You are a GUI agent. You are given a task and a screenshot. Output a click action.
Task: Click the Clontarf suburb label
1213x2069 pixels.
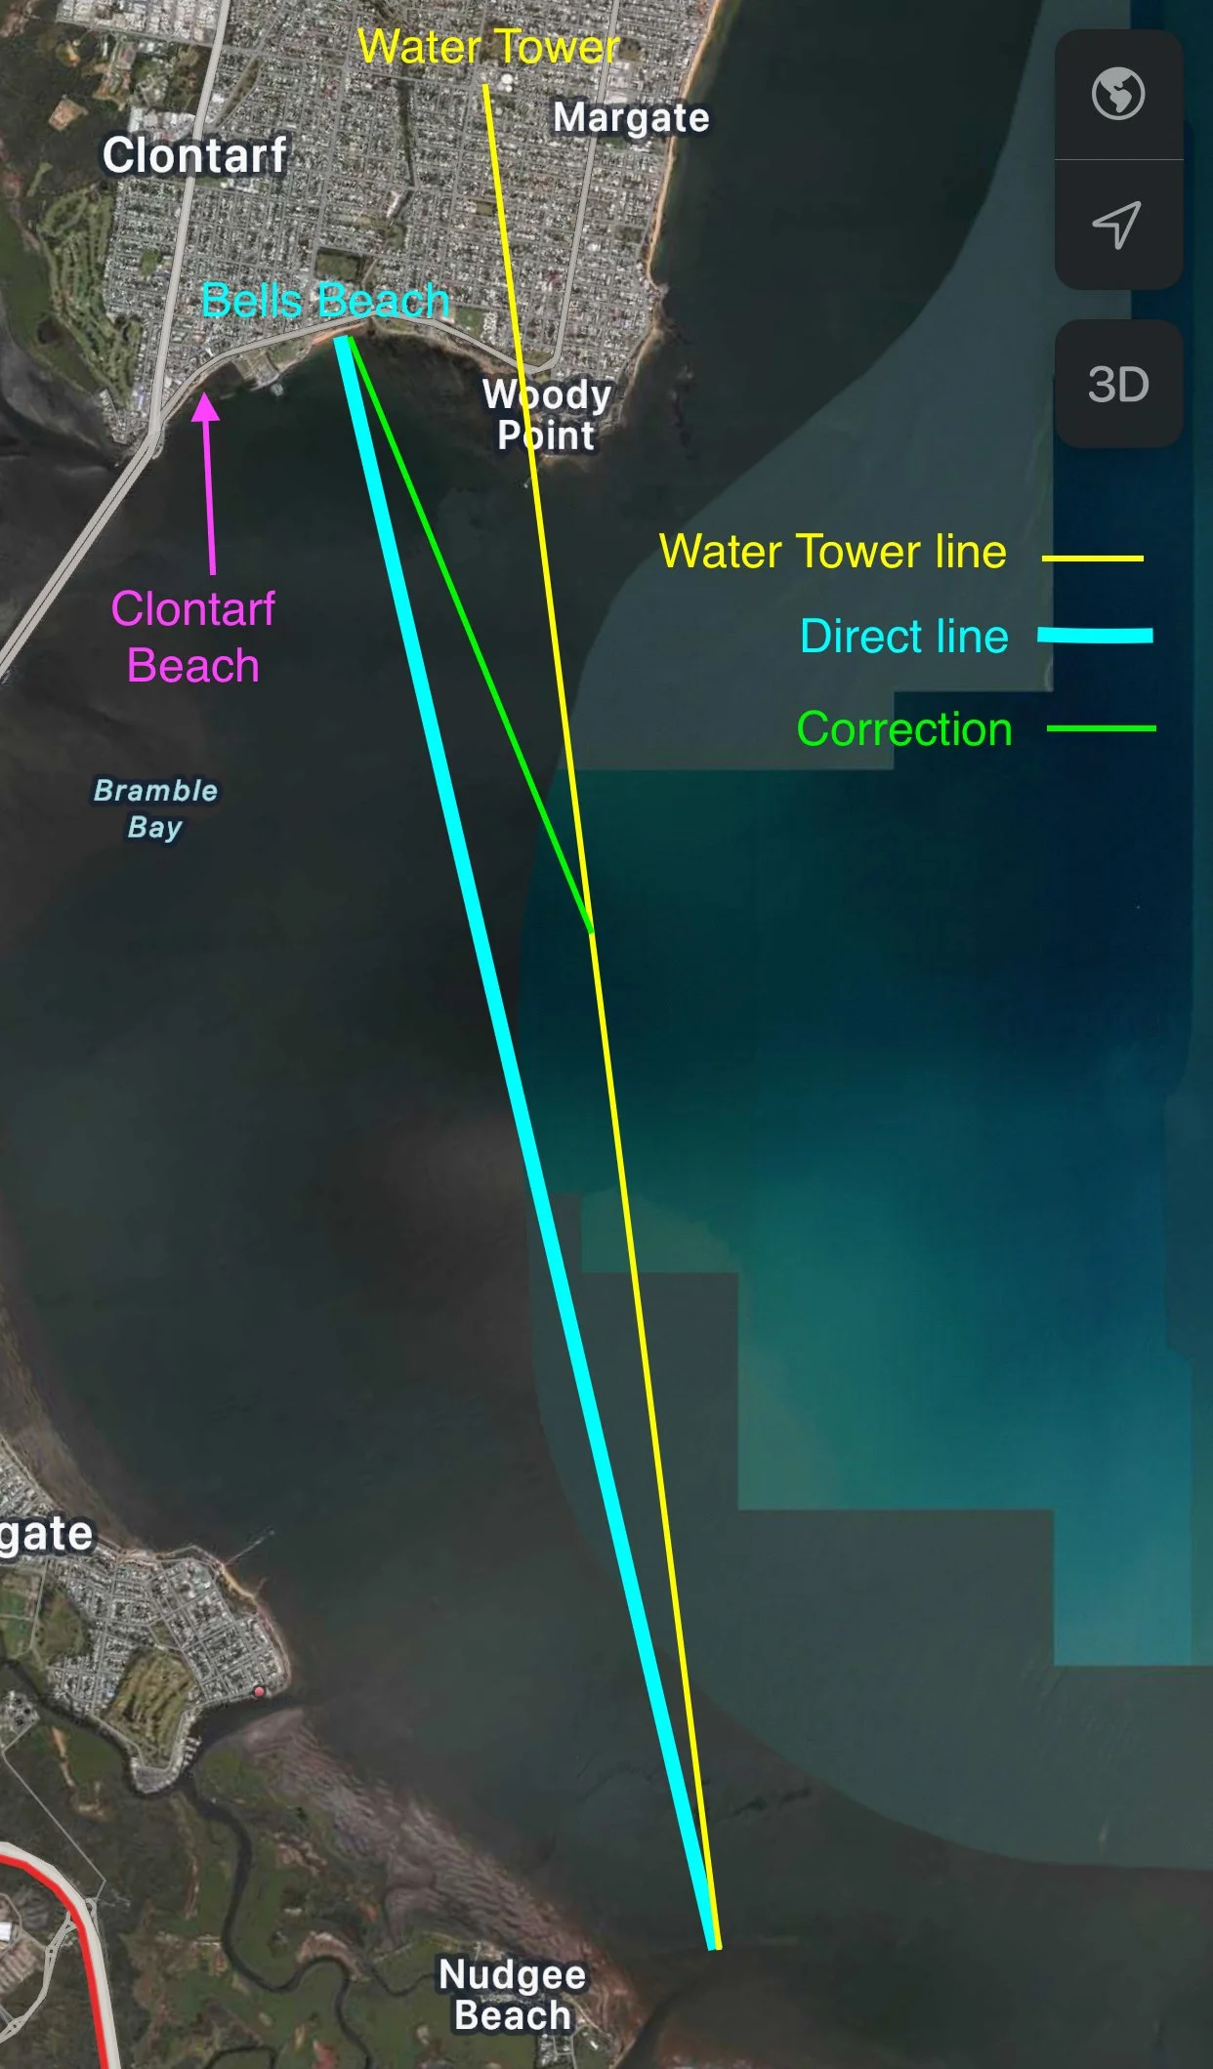click(x=194, y=155)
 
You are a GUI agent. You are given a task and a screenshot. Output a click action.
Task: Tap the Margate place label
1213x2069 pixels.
click(x=631, y=118)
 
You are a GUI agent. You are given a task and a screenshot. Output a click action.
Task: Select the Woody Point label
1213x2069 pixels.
click(x=547, y=415)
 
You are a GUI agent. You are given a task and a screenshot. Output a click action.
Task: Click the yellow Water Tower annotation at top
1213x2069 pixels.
click(x=488, y=47)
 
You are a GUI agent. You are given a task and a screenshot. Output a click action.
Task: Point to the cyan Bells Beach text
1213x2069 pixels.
click(x=324, y=301)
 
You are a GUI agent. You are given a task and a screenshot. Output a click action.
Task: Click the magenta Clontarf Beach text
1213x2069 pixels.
click(x=193, y=637)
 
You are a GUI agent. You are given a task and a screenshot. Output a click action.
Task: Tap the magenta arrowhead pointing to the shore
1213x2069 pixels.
click(x=205, y=406)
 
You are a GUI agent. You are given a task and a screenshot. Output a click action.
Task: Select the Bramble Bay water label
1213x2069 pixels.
click(x=155, y=808)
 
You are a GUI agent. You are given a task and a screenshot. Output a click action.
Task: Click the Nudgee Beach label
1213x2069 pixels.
click(x=512, y=1994)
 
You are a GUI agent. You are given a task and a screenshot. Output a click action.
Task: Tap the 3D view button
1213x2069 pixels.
click(x=1118, y=385)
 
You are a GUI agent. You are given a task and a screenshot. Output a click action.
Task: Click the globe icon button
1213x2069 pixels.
click(x=1118, y=95)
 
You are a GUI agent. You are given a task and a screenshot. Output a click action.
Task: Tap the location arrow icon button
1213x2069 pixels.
click(x=1117, y=225)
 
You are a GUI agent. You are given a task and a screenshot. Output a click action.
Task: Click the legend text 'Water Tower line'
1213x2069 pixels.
click(x=832, y=552)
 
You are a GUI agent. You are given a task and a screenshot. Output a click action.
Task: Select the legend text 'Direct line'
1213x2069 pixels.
click(x=903, y=637)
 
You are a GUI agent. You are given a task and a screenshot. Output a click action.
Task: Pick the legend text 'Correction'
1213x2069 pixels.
click(x=904, y=729)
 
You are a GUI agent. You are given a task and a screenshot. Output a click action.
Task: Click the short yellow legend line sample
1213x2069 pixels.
click(x=1092, y=559)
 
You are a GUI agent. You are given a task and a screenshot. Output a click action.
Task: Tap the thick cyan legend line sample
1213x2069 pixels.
click(x=1095, y=636)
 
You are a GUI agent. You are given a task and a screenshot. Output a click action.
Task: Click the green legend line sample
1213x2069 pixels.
click(x=1101, y=728)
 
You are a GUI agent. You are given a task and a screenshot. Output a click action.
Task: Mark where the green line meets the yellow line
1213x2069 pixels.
click(x=591, y=931)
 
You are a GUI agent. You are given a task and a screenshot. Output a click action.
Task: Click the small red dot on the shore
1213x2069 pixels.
click(x=259, y=1691)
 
